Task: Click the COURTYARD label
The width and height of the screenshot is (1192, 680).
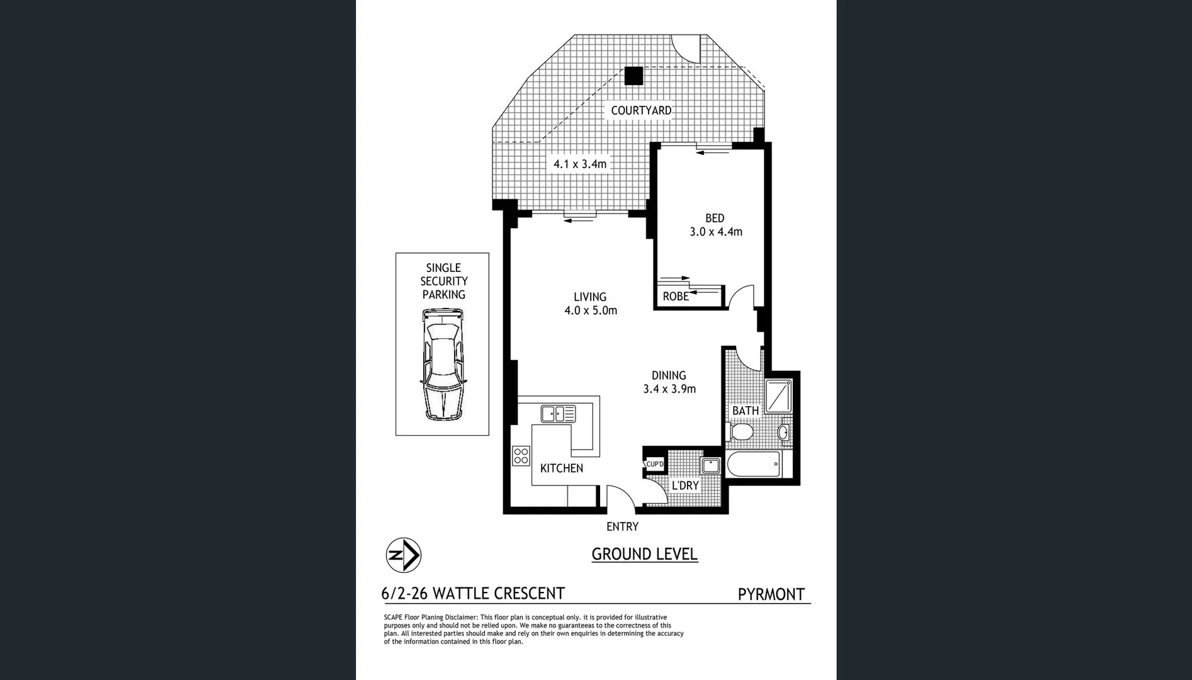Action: coord(640,110)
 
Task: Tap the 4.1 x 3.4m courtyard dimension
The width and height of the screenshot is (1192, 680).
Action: coord(580,164)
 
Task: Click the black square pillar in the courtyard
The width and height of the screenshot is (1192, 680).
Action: coord(633,76)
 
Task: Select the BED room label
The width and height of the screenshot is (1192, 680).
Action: coord(715,218)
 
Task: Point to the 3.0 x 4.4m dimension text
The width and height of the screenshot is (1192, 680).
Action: coord(716,232)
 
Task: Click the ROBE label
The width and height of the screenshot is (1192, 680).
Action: coord(676,297)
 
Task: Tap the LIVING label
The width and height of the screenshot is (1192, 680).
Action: coord(590,297)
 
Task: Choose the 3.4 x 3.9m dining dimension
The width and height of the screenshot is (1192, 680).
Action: coord(669,389)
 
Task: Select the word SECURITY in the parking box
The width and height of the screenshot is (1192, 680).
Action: coord(444,281)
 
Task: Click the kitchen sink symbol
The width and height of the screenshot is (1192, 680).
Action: coord(558,414)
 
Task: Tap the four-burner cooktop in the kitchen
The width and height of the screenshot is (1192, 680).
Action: coord(521,456)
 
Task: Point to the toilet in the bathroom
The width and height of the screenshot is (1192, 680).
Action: coord(741,432)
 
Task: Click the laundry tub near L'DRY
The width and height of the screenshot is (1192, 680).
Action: coord(711,466)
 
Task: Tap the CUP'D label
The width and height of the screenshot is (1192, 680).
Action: coord(654,464)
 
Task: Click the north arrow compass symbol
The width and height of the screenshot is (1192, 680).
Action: coord(403,555)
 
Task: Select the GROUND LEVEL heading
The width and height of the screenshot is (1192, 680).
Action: coord(644,554)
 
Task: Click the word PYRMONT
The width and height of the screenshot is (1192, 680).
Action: coord(771,594)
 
